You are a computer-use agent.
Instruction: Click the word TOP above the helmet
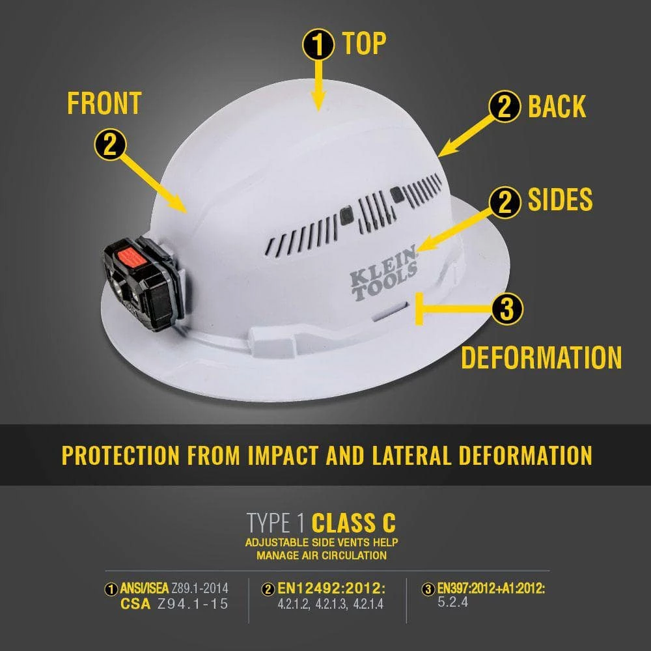pyautogui.click(x=364, y=43)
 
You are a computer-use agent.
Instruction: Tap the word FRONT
pyautogui.click(x=104, y=104)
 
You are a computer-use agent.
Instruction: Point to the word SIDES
pyautogui.click(x=560, y=201)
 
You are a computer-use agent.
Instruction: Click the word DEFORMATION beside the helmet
pyautogui.click(x=542, y=357)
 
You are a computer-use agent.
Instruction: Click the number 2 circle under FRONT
pyautogui.click(x=110, y=145)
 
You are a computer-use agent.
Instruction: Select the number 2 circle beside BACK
pyautogui.click(x=505, y=107)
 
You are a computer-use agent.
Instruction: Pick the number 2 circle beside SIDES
pyautogui.click(x=505, y=202)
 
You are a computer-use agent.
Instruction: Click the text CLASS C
pyautogui.click(x=353, y=522)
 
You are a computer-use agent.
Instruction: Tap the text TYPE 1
pyautogui.click(x=275, y=522)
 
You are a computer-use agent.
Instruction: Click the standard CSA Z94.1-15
pyautogui.click(x=174, y=603)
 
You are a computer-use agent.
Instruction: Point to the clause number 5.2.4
pyautogui.click(x=452, y=602)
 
